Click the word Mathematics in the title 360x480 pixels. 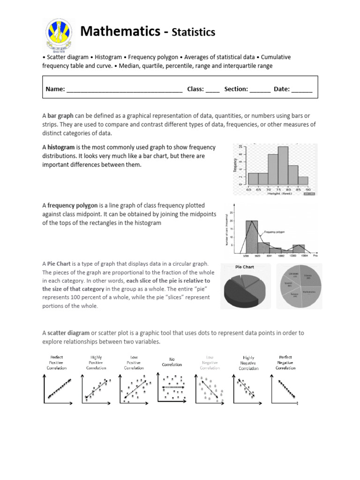pyautogui.click(x=120, y=31)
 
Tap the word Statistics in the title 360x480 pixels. pyautogui.click(x=193, y=32)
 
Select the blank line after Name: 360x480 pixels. pyautogui.click(x=124, y=90)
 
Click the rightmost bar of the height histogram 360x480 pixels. pyautogui.click(x=303, y=180)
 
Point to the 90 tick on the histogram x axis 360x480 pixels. pyautogui.click(x=308, y=189)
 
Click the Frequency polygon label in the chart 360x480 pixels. pyautogui.click(x=276, y=232)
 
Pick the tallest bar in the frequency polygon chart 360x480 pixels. pyautogui.click(x=252, y=237)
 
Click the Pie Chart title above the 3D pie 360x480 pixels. pyautogui.click(x=244, y=267)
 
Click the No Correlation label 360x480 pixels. pyautogui.click(x=172, y=362)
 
